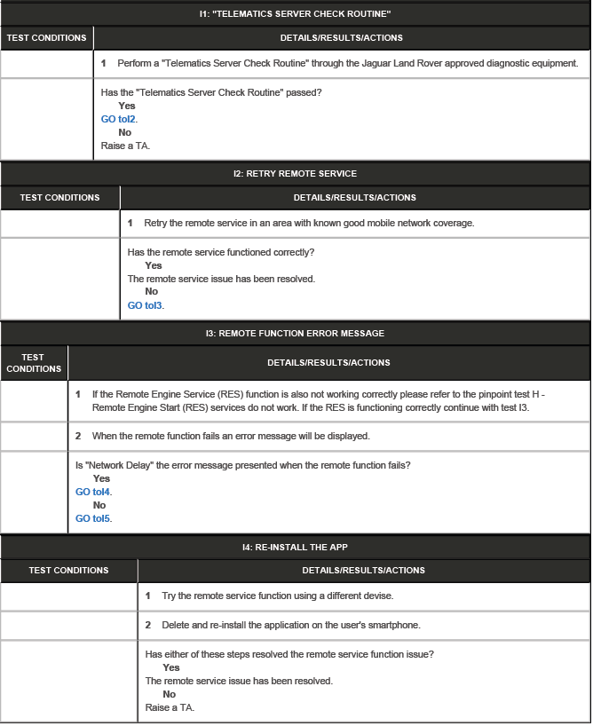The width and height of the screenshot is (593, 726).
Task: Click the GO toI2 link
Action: pyautogui.click(x=119, y=119)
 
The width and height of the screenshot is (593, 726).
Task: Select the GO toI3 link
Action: pyautogui.click(x=146, y=305)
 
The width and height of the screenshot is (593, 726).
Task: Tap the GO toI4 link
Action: pyautogui.click(x=93, y=492)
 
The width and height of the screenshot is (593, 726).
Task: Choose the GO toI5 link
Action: pyautogui.click(x=93, y=518)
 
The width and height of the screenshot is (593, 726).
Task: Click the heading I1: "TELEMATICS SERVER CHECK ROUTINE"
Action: pyautogui.click(x=296, y=13)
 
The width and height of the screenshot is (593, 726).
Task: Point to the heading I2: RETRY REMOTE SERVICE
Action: pyautogui.click(x=296, y=173)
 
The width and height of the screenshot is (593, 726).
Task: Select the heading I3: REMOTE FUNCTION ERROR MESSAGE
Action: pyautogui.click(x=296, y=334)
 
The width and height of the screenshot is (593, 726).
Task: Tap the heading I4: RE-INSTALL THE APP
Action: pyautogui.click(x=296, y=547)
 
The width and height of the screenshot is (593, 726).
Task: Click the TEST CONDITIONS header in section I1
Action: pyautogui.click(x=46, y=38)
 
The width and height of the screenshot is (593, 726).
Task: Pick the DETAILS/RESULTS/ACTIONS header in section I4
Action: pyautogui.click(x=364, y=571)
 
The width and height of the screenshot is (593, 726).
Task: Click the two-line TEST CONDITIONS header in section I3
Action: pyautogui.click(x=34, y=363)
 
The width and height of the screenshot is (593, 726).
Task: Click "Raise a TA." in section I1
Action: pyautogui.click(x=125, y=146)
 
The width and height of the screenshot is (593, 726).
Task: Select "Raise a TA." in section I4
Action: pyautogui.click(x=170, y=707)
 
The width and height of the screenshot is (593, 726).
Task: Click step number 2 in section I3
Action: pyautogui.click(x=78, y=437)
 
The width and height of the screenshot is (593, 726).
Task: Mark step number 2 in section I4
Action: pyautogui.click(x=148, y=626)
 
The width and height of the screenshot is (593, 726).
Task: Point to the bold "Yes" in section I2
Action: pyautogui.click(x=154, y=265)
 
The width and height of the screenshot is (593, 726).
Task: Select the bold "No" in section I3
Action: pyautogui.click(x=99, y=505)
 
